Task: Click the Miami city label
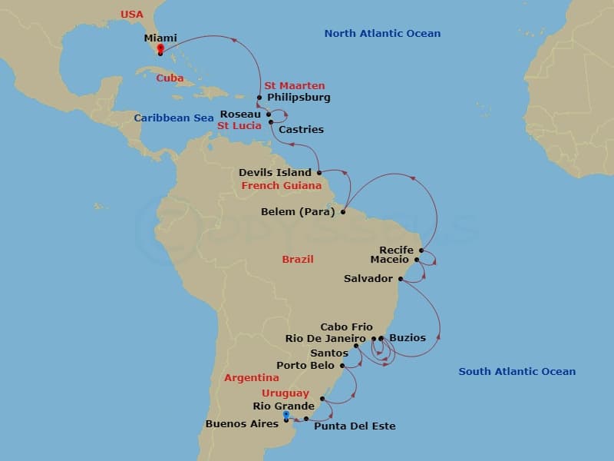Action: [160, 38]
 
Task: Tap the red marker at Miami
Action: [160, 48]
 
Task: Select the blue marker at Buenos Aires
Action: [286, 414]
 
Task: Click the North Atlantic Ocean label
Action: [382, 33]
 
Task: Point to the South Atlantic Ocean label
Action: [517, 372]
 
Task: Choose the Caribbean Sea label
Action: [173, 118]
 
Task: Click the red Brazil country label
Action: [298, 259]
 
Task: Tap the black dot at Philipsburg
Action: [259, 98]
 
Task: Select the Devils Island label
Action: [275, 173]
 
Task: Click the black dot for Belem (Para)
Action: [343, 213]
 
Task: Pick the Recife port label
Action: [397, 250]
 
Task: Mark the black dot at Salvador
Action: [401, 278]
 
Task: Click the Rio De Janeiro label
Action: [325, 338]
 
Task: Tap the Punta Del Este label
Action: [355, 426]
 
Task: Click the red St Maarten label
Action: [294, 85]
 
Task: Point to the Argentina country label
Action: [252, 378]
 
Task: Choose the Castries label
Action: [301, 130]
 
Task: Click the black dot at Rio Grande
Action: [322, 399]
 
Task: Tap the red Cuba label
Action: [170, 78]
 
